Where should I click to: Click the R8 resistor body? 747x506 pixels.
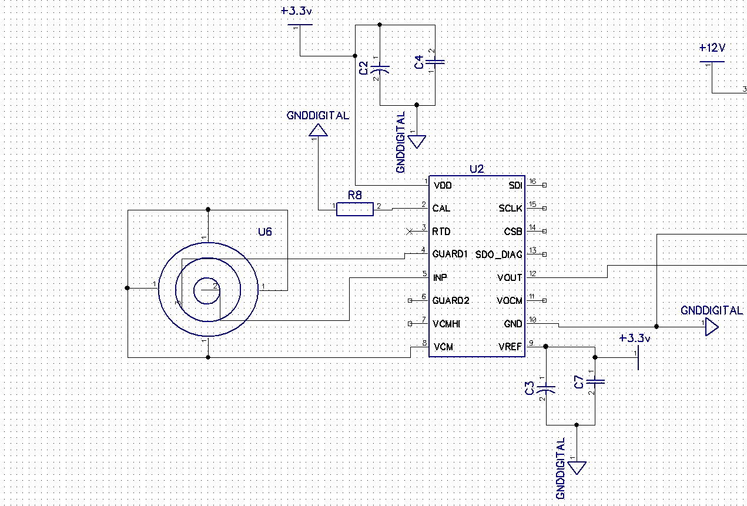point(354,209)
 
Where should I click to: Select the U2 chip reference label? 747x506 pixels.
point(477,169)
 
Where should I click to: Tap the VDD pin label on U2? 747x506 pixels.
point(443,186)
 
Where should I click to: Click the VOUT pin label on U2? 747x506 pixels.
point(510,277)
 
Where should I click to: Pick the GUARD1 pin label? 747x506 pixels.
point(450,254)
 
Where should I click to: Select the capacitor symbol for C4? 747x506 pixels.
point(435,62)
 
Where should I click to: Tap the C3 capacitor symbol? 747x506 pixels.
point(547,388)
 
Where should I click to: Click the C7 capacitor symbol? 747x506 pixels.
point(595,382)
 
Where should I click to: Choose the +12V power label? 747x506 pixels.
point(712,48)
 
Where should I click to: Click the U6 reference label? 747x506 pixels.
point(265,232)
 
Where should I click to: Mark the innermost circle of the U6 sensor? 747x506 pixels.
point(206,290)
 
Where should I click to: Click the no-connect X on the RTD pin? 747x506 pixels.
point(410,232)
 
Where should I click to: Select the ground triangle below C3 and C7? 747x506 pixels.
point(577,468)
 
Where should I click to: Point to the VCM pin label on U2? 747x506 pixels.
point(443,347)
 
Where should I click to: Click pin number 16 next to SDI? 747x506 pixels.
point(532,182)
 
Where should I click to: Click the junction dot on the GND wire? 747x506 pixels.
point(656,326)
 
